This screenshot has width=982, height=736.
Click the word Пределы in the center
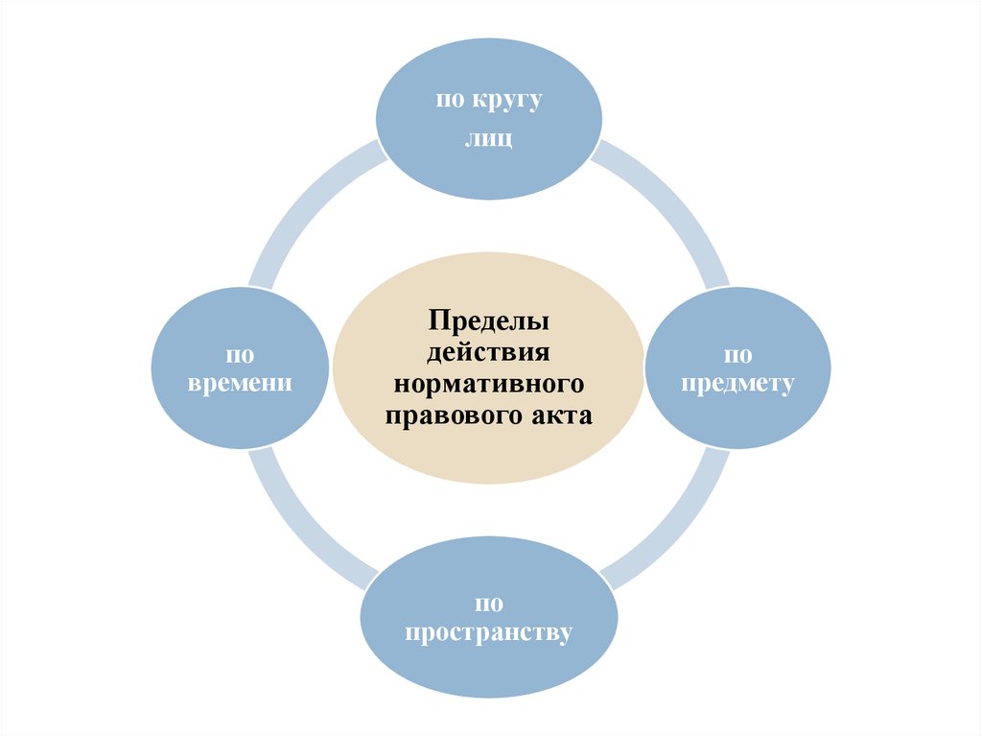tap(489, 317)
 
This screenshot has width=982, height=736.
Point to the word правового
tap(451, 415)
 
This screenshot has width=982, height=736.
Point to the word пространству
tap(489, 633)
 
